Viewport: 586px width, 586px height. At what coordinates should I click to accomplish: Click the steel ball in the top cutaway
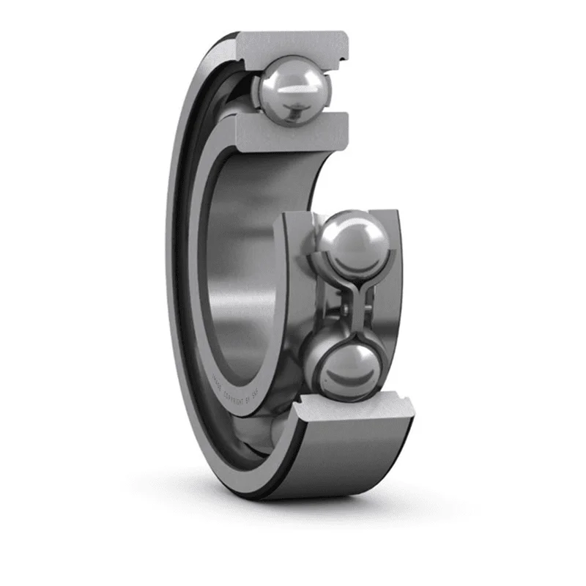(x=292, y=91)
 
